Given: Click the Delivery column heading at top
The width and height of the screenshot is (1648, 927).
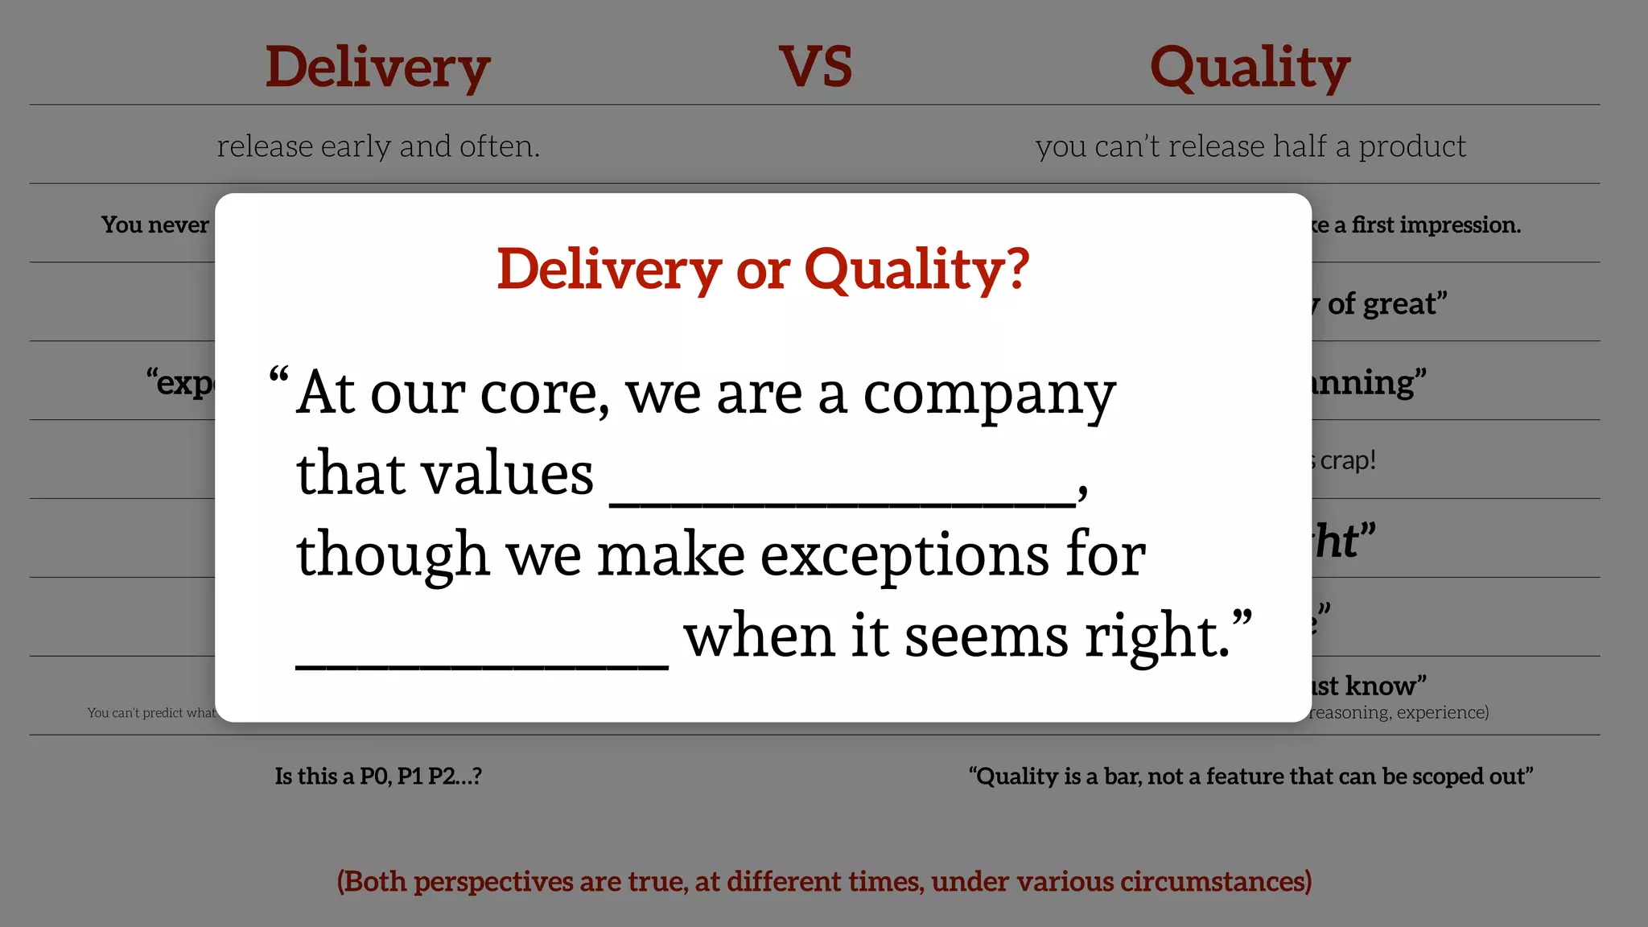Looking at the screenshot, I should tap(377, 68).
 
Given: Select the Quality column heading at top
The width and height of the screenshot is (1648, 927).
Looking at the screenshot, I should tap(1250, 68).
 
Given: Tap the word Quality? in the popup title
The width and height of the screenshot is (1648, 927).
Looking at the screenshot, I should tap(917, 270).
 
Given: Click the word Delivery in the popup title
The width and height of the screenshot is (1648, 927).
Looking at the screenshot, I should tap(609, 270).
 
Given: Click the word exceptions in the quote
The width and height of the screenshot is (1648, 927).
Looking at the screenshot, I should tap(904, 556).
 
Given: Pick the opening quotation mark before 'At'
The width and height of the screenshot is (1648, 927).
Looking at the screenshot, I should tap(278, 376).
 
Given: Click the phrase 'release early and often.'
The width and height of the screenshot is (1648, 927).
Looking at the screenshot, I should tap(378, 146).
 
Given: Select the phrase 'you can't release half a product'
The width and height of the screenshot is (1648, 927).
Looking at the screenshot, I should tap(1250, 146).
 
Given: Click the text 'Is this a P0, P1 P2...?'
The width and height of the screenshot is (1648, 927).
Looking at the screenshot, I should tap(378, 777).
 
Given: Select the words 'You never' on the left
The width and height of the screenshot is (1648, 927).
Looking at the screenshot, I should tap(154, 225).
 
